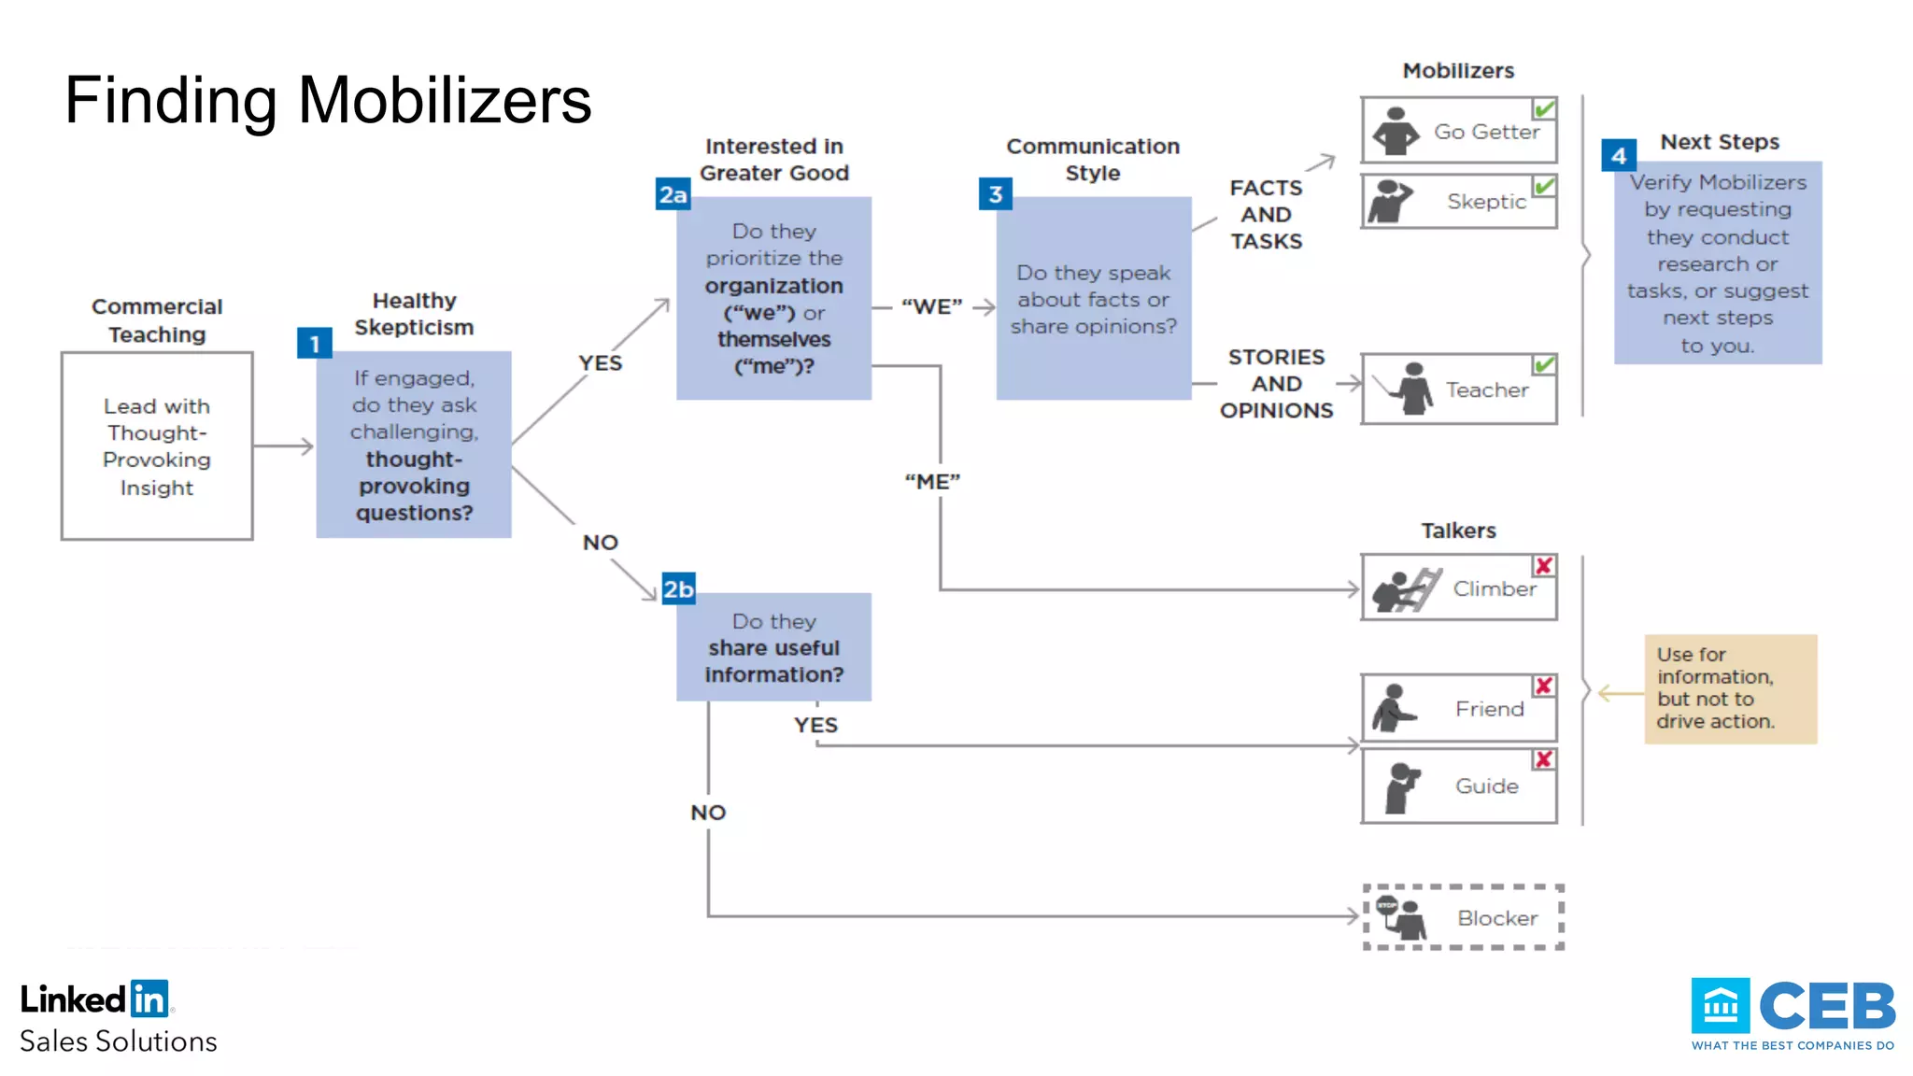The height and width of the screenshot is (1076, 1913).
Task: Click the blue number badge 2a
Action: pyautogui.click(x=673, y=194)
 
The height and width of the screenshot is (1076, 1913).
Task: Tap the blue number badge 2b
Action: pyautogui.click(x=678, y=589)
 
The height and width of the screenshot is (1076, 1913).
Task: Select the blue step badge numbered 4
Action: pyautogui.click(x=1618, y=156)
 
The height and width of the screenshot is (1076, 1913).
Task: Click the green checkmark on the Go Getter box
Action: pyautogui.click(x=1544, y=109)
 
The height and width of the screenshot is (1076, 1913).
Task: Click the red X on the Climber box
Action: pyautogui.click(x=1543, y=566)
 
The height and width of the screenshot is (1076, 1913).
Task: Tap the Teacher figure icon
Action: pyautogui.click(x=1411, y=389)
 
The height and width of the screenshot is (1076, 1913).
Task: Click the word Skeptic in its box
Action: pyautogui.click(x=1486, y=202)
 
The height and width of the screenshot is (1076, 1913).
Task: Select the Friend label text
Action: pyautogui.click(x=1489, y=709)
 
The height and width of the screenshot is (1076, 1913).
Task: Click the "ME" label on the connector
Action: pyautogui.click(x=932, y=482)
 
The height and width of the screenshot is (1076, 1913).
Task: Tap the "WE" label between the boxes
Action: pyautogui.click(x=931, y=306)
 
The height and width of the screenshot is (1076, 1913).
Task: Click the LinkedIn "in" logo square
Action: pyautogui.click(x=149, y=998)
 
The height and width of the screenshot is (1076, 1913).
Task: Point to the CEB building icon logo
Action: pyautogui.click(x=1720, y=1006)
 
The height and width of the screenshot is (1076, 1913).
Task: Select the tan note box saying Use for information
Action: pyautogui.click(x=1730, y=688)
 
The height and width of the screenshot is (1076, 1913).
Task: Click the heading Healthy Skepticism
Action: pyautogui.click(x=414, y=314)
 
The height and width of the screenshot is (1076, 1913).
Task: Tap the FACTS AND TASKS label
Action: pyautogui.click(x=1266, y=215)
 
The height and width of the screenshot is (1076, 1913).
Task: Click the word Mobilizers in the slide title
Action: pyautogui.click(x=445, y=100)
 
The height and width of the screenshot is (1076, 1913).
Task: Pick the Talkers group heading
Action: pyautogui.click(x=1458, y=531)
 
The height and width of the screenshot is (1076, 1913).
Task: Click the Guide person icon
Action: pyautogui.click(x=1401, y=786)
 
